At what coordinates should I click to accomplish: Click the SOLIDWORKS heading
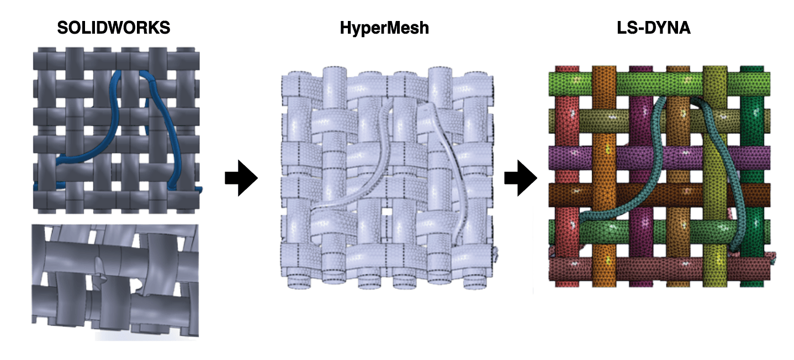coord(114,28)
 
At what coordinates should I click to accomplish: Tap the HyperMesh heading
coord(384,28)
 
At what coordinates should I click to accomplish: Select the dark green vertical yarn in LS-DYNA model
coord(749,138)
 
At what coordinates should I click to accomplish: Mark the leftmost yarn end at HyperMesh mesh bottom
coord(297,276)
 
